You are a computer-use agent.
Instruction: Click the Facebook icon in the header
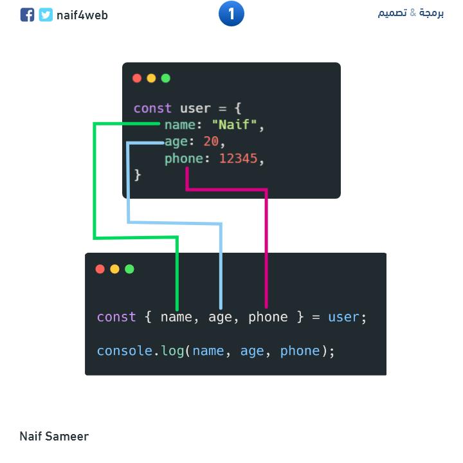pyautogui.click(x=27, y=15)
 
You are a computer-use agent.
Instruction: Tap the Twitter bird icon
pyautogui.click(x=46, y=15)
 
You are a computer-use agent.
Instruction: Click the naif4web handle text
pyautogui.click(x=82, y=15)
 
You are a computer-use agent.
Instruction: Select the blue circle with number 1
pyautogui.click(x=232, y=14)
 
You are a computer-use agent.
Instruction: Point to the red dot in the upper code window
pyautogui.click(x=137, y=78)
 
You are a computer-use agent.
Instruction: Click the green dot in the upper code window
pyautogui.click(x=166, y=78)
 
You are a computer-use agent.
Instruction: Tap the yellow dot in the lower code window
pyautogui.click(x=114, y=269)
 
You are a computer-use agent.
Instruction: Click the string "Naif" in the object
pyautogui.click(x=238, y=125)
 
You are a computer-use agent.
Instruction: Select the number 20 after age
pyautogui.click(x=211, y=141)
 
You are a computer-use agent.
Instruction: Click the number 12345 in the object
pyautogui.click(x=239, y=158)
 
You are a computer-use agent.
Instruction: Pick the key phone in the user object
pyautogui.click(x=183, y=158)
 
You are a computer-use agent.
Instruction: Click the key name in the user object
pyautogui.click(x=180, y=125)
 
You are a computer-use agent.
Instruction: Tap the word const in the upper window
pyautogui.click(x=152, y=108)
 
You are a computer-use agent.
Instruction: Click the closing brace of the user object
pyautogui.click(x=138, y=175)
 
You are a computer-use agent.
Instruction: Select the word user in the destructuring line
pyautogui.click(x=343, y=317)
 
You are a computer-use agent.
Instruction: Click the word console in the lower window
pyautogui.click(x=123, y=350)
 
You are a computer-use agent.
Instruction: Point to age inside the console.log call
pyautogui.click(x=252, y=351)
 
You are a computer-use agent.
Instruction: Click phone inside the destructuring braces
pyautogui.click(x=268, y=317)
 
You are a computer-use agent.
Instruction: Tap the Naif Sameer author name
pyautogui.click(x=54, y=437)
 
